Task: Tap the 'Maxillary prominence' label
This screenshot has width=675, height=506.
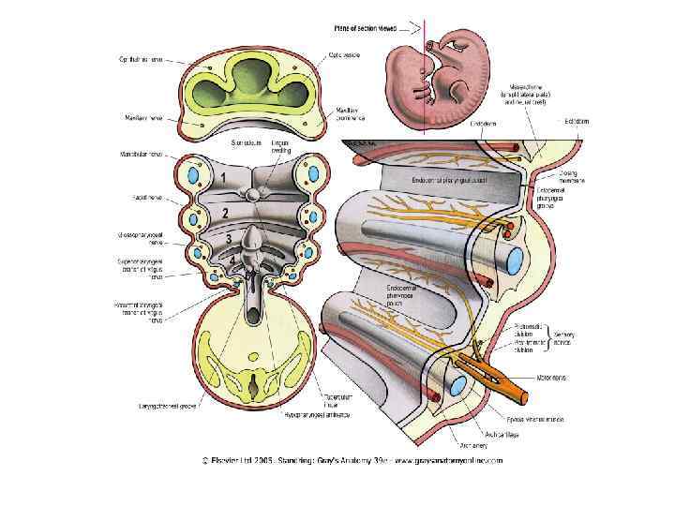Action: tap(351, 114)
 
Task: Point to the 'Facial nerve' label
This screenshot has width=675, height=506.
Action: tap(146, 199)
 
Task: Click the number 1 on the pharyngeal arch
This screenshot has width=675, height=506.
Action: tap(222, 176)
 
